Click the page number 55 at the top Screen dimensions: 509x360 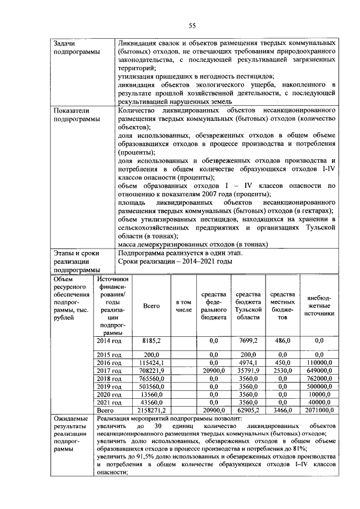click(191, 25)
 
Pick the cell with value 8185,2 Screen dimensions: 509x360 click(151, 341)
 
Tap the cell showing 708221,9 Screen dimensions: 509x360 click(151, 371)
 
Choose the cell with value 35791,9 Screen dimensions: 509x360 click(247, 371)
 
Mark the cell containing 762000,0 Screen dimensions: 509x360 click(319, 380)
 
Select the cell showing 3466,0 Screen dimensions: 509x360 click(282, 412)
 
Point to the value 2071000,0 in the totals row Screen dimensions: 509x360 click(319, 412)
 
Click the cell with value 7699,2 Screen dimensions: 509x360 click(247, 341)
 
